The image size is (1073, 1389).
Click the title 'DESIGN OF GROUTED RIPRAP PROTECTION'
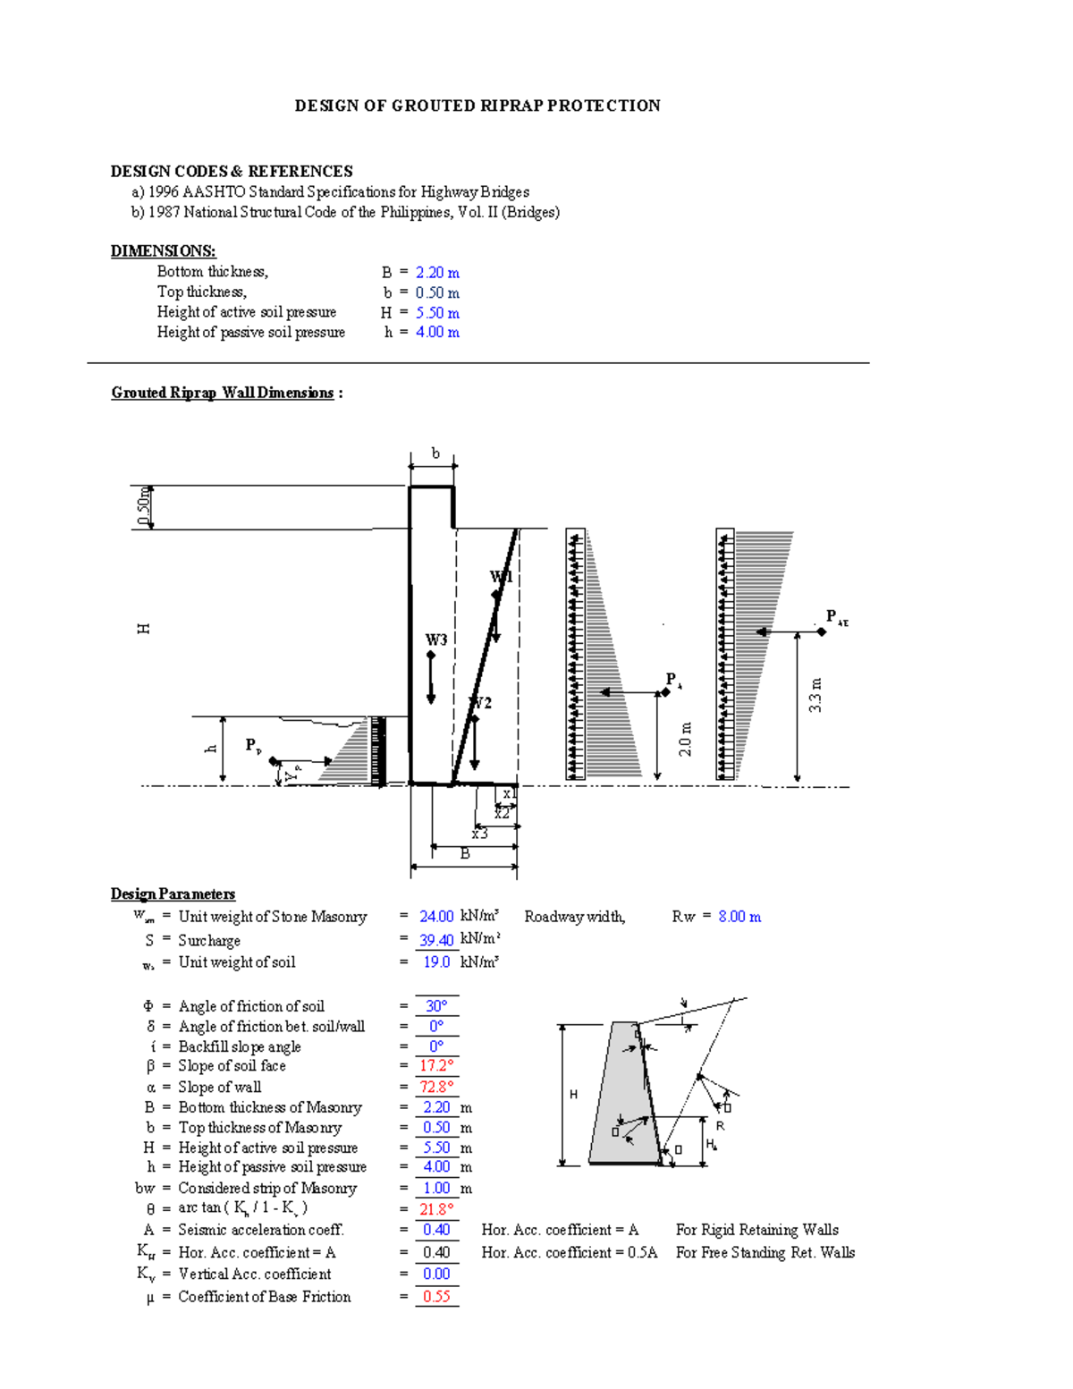477,106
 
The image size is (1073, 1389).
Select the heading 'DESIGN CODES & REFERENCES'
232,171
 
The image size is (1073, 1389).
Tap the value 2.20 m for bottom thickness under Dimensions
437,272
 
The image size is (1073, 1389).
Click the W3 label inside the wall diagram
435,639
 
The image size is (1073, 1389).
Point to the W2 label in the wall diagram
481,703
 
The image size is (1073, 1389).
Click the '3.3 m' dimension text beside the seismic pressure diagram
815,695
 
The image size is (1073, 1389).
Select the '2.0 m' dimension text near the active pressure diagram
685,739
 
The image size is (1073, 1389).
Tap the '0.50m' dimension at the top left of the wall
143,507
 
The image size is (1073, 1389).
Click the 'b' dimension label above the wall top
435,453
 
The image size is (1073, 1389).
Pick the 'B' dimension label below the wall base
464,853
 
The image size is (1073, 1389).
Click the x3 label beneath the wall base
480,834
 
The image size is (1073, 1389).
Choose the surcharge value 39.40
436,940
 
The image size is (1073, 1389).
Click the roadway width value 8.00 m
739,917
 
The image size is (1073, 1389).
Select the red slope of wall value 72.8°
436,1087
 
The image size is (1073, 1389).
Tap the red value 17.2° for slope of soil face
436,1066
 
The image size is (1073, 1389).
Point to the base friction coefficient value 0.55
436,1297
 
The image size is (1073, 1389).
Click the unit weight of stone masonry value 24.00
436,917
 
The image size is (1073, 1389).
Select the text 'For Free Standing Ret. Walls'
765,1252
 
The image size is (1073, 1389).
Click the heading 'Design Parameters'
173,894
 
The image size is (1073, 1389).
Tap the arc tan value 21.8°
436,1209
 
